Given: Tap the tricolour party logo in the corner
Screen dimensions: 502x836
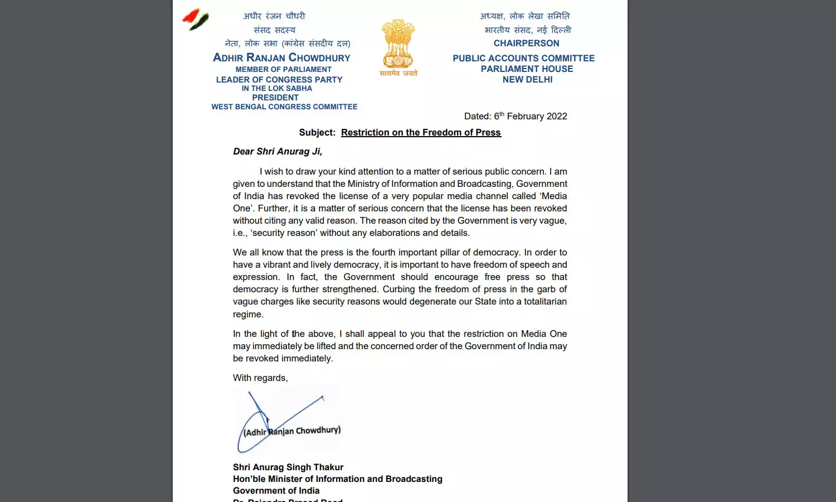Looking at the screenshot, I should pyautogui.click(x=196, y=19).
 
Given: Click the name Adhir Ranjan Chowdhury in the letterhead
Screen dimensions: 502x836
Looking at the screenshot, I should pyautogui.click(x=281, y=57).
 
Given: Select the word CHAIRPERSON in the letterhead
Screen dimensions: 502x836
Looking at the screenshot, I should pyautogui.click(x=526, y=43).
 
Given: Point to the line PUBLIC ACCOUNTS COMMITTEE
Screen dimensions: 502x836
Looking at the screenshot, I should pyautogui.click(x=523, y=58).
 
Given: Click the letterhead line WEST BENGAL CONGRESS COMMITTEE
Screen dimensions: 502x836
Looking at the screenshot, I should pyautogui.click(x=284, y=107).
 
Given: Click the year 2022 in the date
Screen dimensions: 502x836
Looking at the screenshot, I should pyautogui.click(x=557, y=116).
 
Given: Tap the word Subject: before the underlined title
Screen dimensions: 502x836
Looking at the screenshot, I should pyautogui.click(x=317, y=132).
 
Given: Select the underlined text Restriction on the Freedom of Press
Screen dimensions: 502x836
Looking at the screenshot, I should pyautogui.click(x=421, y=132).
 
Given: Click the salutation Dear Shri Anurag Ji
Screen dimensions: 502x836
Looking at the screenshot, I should pyautogui.click(x=278, y=151).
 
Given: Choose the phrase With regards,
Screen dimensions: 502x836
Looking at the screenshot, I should pyautogui.click(x=260, y=378).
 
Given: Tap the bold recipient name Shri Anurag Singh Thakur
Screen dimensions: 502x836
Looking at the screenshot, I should pyautogui.click(x=288, y=467).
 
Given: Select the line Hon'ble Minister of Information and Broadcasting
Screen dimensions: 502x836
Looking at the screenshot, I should pyautogui.click(x=337, y=479).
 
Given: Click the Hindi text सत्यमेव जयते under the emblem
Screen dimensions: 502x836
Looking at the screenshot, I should pyautogui.click(x=398, y=73).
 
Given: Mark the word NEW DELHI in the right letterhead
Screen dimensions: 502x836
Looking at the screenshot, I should pyautogui.click(x=527, y=79).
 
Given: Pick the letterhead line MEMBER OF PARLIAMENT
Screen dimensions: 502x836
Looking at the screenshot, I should pyautogui.click(x=283, y=69).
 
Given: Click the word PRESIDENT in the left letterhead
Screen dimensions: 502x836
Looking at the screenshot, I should pyautogui.click(x=275, y=97).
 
